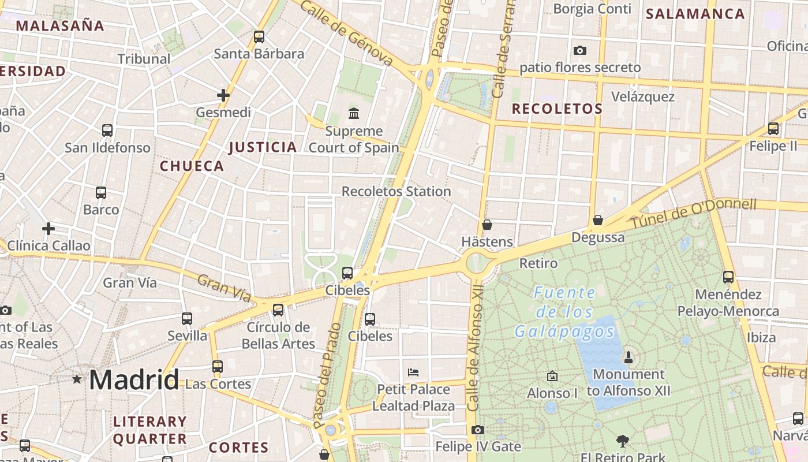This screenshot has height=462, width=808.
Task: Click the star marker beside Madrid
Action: pyautogui.click(x=77, y=379)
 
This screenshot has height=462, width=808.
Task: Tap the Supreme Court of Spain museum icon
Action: pyautogui.click(x=353, y=113)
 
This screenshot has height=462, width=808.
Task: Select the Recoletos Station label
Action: pyautogui.click(x=396, y=191)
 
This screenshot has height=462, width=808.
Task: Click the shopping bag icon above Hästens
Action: pyautogui.click(x=487, y=225)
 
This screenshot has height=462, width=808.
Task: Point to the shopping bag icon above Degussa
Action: pyautogui.click(x=598, y=220)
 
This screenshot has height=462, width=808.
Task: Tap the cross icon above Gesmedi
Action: pyautogui.click(x=223, y=95)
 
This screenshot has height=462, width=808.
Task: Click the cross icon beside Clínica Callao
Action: pyautogui.click(x=48, y=229)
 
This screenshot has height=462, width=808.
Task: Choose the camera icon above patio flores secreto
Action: pyautogui.click(x=580, y=51)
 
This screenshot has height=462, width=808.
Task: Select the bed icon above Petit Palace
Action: pyautogui.click(x=413, y=372)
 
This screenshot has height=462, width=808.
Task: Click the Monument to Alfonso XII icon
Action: pyautogui.click(x=629, y=358)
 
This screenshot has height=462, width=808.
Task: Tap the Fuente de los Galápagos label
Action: pyautogui.click(x=564, y=312)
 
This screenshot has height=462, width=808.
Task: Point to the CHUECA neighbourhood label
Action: pyautogui.click(x=192, y=166)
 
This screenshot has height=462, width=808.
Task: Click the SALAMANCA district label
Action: pyautogui.click(x=695, y=14)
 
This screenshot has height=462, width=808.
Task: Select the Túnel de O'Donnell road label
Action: pyautogui.click(x=693, y=213)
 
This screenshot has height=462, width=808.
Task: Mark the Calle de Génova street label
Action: pyautogui.click(x=346, y=32)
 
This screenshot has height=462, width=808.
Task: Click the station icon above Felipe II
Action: pyautogui.click(x=773, y=129)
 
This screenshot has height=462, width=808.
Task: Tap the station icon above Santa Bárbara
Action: pyautogui.click(x=259, y=37)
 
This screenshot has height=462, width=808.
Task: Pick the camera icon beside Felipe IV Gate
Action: pyautogui.click(x=477, y=430)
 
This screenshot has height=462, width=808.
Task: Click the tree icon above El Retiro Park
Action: pyautogui.click(x=622, y=441)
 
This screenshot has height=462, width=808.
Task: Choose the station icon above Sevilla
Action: pyautogui.click(x=187, y=318)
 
